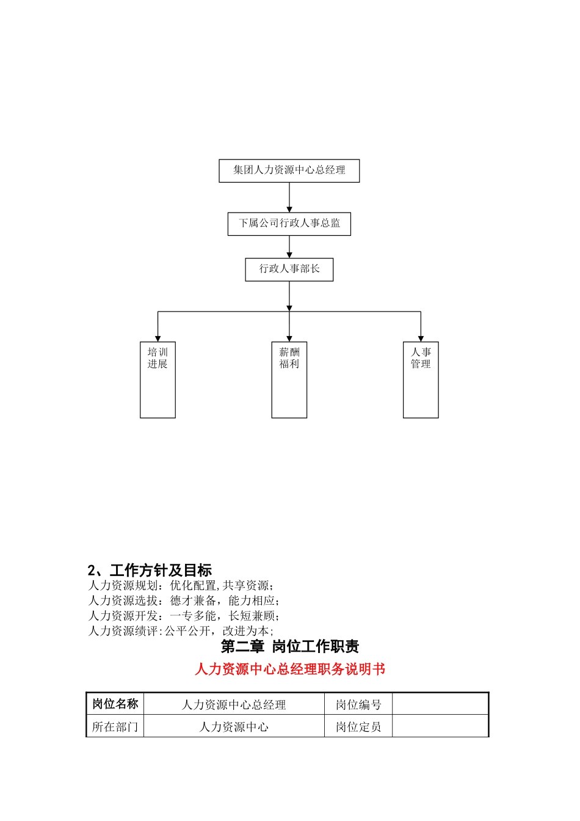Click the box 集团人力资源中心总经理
click(289, 170)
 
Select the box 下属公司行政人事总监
click(289, 224)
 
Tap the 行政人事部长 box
click(289, 269)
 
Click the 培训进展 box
click(158, 379)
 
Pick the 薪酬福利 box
click(289, 379)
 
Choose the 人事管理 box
click(421, 379)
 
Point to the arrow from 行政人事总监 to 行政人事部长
click(289, 247)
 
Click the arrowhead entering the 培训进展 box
click(158, 338)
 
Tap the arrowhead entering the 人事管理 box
click(421, 338)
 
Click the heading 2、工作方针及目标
click(150, 571)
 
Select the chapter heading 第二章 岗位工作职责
click(289, 646)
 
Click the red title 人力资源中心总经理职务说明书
click(289, 670)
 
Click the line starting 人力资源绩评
click(181, 631)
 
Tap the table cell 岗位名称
click(115, 704)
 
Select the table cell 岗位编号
click(358, 704)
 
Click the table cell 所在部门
click(115, 727)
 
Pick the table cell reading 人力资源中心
click(234, 727)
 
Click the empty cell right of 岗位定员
click(440, 727)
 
